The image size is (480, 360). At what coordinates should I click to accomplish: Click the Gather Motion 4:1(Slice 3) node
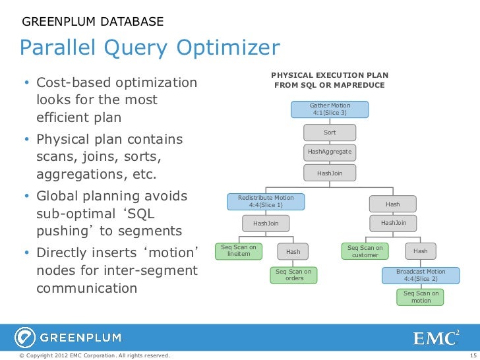[330, 109]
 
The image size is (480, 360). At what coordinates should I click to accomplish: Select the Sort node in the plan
[330, 133]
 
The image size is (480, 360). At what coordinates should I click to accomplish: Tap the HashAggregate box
[330, 152]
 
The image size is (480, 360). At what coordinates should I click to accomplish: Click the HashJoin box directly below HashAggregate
[330, 173]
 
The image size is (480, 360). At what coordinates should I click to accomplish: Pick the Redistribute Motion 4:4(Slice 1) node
[266, 201]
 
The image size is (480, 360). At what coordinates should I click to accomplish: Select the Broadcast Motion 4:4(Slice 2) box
[421, 275]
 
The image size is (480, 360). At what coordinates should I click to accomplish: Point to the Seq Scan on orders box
[293, 275]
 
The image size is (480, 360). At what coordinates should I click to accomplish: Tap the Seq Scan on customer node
[365, 251]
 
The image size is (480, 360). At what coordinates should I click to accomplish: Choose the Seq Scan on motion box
[421, 297]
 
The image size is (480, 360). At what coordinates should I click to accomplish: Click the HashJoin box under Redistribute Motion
[266, 224]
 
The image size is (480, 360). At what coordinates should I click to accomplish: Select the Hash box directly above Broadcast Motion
[421, 251]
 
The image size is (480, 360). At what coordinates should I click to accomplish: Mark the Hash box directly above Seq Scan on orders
[293, 251]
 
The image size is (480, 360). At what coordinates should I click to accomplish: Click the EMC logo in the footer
[436, 338]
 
